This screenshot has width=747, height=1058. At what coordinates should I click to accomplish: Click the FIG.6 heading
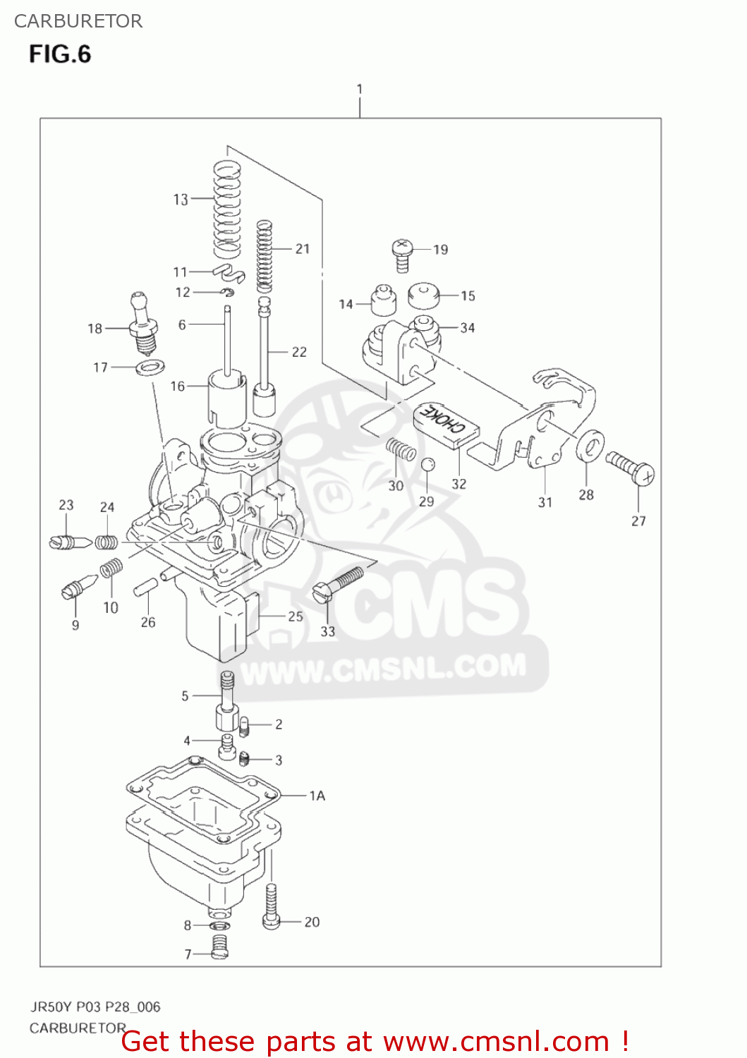point(60,54)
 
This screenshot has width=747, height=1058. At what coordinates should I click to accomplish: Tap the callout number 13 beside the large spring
point(181,200)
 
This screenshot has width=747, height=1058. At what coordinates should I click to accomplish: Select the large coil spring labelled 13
point(227,207)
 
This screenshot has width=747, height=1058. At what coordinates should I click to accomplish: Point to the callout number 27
point(638,521)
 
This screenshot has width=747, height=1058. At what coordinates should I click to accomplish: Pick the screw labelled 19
point(402,255)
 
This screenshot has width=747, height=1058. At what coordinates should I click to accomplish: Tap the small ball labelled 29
point(427,465)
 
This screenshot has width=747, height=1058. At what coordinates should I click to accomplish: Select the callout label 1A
point(317,796)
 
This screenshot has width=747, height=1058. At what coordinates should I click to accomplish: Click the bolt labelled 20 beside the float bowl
point(272,907)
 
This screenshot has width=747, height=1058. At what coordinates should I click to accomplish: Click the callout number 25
point(296,616)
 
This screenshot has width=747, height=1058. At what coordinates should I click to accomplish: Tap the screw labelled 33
point(336,585)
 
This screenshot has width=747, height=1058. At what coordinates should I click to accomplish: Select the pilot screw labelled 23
point(70,542)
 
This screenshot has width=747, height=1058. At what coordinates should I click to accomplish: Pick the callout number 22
point(299,351)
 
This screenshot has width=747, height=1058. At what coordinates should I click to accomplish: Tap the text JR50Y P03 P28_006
point(95,1007)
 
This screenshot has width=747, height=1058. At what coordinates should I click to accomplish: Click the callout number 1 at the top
point(360,89)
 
